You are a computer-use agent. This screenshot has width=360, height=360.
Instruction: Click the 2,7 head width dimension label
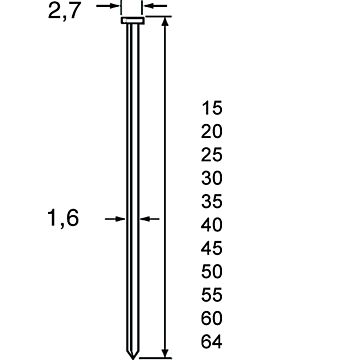(64, 11)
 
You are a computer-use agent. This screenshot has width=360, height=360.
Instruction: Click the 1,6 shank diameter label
(63, 219)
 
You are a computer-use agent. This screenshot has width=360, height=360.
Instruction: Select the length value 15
(211, 108)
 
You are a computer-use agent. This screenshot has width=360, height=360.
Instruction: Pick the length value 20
(211, 132)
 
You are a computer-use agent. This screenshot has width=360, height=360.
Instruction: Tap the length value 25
(211, 155)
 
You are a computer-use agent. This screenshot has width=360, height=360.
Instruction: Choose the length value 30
(211, 178)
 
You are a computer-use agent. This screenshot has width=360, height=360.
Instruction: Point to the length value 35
(211, 202)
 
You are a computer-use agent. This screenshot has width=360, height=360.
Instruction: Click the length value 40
(211, 225)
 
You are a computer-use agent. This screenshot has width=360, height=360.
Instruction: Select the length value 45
(211, 249)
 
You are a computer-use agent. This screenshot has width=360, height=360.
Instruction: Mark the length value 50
(211, 272)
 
